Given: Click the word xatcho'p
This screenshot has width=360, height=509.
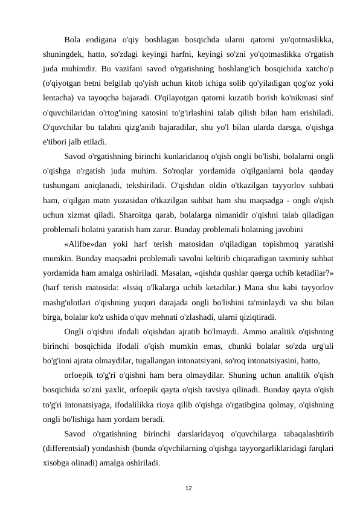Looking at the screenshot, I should [318, 80].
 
